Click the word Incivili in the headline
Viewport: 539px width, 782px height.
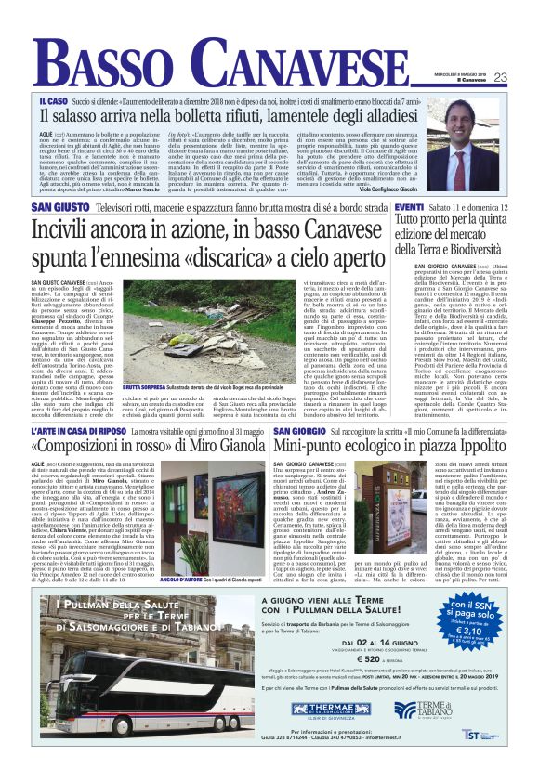(x=66, y=228)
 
